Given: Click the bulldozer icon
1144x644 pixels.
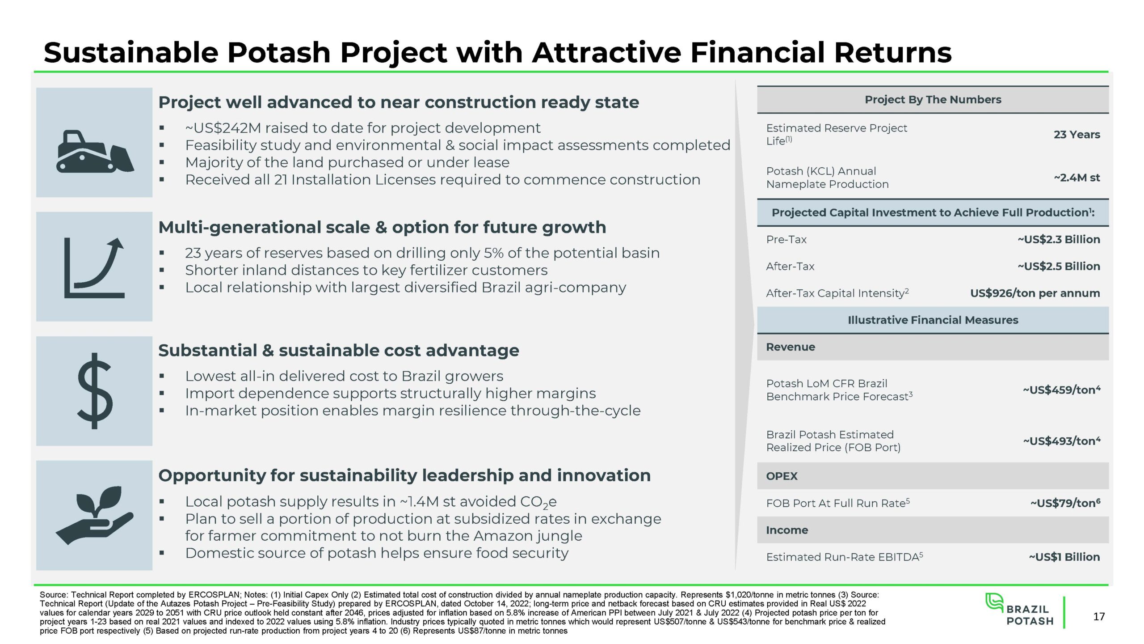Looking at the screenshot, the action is click(95, 151).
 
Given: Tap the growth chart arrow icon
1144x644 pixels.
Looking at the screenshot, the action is click(94, 268).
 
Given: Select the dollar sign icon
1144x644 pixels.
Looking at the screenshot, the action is click(94, 391).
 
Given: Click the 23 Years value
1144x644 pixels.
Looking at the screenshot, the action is click(1077, 135).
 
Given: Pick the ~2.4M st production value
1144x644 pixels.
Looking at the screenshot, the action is click(1077, 178).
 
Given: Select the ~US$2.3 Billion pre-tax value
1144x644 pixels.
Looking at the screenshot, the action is click(1059, 239).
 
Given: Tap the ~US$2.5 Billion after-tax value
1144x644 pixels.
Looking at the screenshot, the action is click(1059, 266).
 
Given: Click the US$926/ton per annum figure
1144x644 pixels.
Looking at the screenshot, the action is click(1035, 293).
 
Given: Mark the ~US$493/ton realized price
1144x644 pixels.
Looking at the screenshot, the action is click(1062, 441).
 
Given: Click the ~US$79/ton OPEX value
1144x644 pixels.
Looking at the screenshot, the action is click(1065, 503).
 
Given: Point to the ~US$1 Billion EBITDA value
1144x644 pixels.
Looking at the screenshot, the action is click(1064, 557).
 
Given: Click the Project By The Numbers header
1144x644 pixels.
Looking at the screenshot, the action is click(933, 100).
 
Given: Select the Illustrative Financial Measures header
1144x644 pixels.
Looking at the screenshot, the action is click(933, 320).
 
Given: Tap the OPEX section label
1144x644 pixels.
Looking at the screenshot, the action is click(782, 476).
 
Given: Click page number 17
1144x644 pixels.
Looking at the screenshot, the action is click(1099, 617).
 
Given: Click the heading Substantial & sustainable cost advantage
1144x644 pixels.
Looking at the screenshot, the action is click(339, 351).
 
